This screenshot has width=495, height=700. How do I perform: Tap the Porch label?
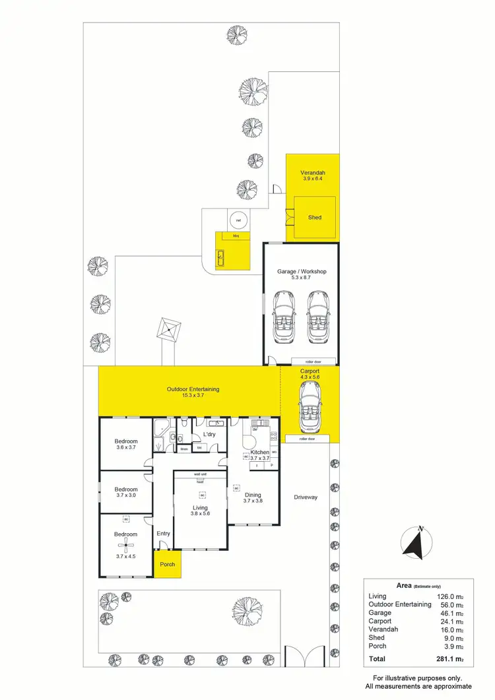coord(166,565)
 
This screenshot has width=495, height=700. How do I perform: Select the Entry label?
coord(163,533)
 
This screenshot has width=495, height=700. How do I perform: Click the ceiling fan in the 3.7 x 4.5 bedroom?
coord(125,545)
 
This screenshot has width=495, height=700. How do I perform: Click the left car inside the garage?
coord(285,316)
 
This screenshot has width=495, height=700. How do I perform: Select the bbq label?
coord(234,236)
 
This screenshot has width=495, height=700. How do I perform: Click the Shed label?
coord(315,216)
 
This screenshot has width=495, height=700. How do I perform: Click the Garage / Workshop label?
coord(303,271)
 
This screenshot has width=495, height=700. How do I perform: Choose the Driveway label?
coord(305,497)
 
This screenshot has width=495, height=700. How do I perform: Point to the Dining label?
coord(252,495)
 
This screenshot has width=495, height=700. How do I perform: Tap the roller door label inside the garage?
coord(312,362)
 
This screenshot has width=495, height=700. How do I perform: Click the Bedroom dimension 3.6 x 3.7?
coord(125,448)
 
